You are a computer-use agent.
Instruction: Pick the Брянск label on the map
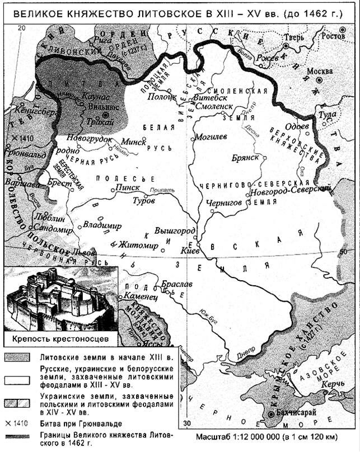click(245, 158)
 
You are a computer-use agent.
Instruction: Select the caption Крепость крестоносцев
click(58, 338)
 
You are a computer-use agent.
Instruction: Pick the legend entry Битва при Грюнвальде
click(79, 423)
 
